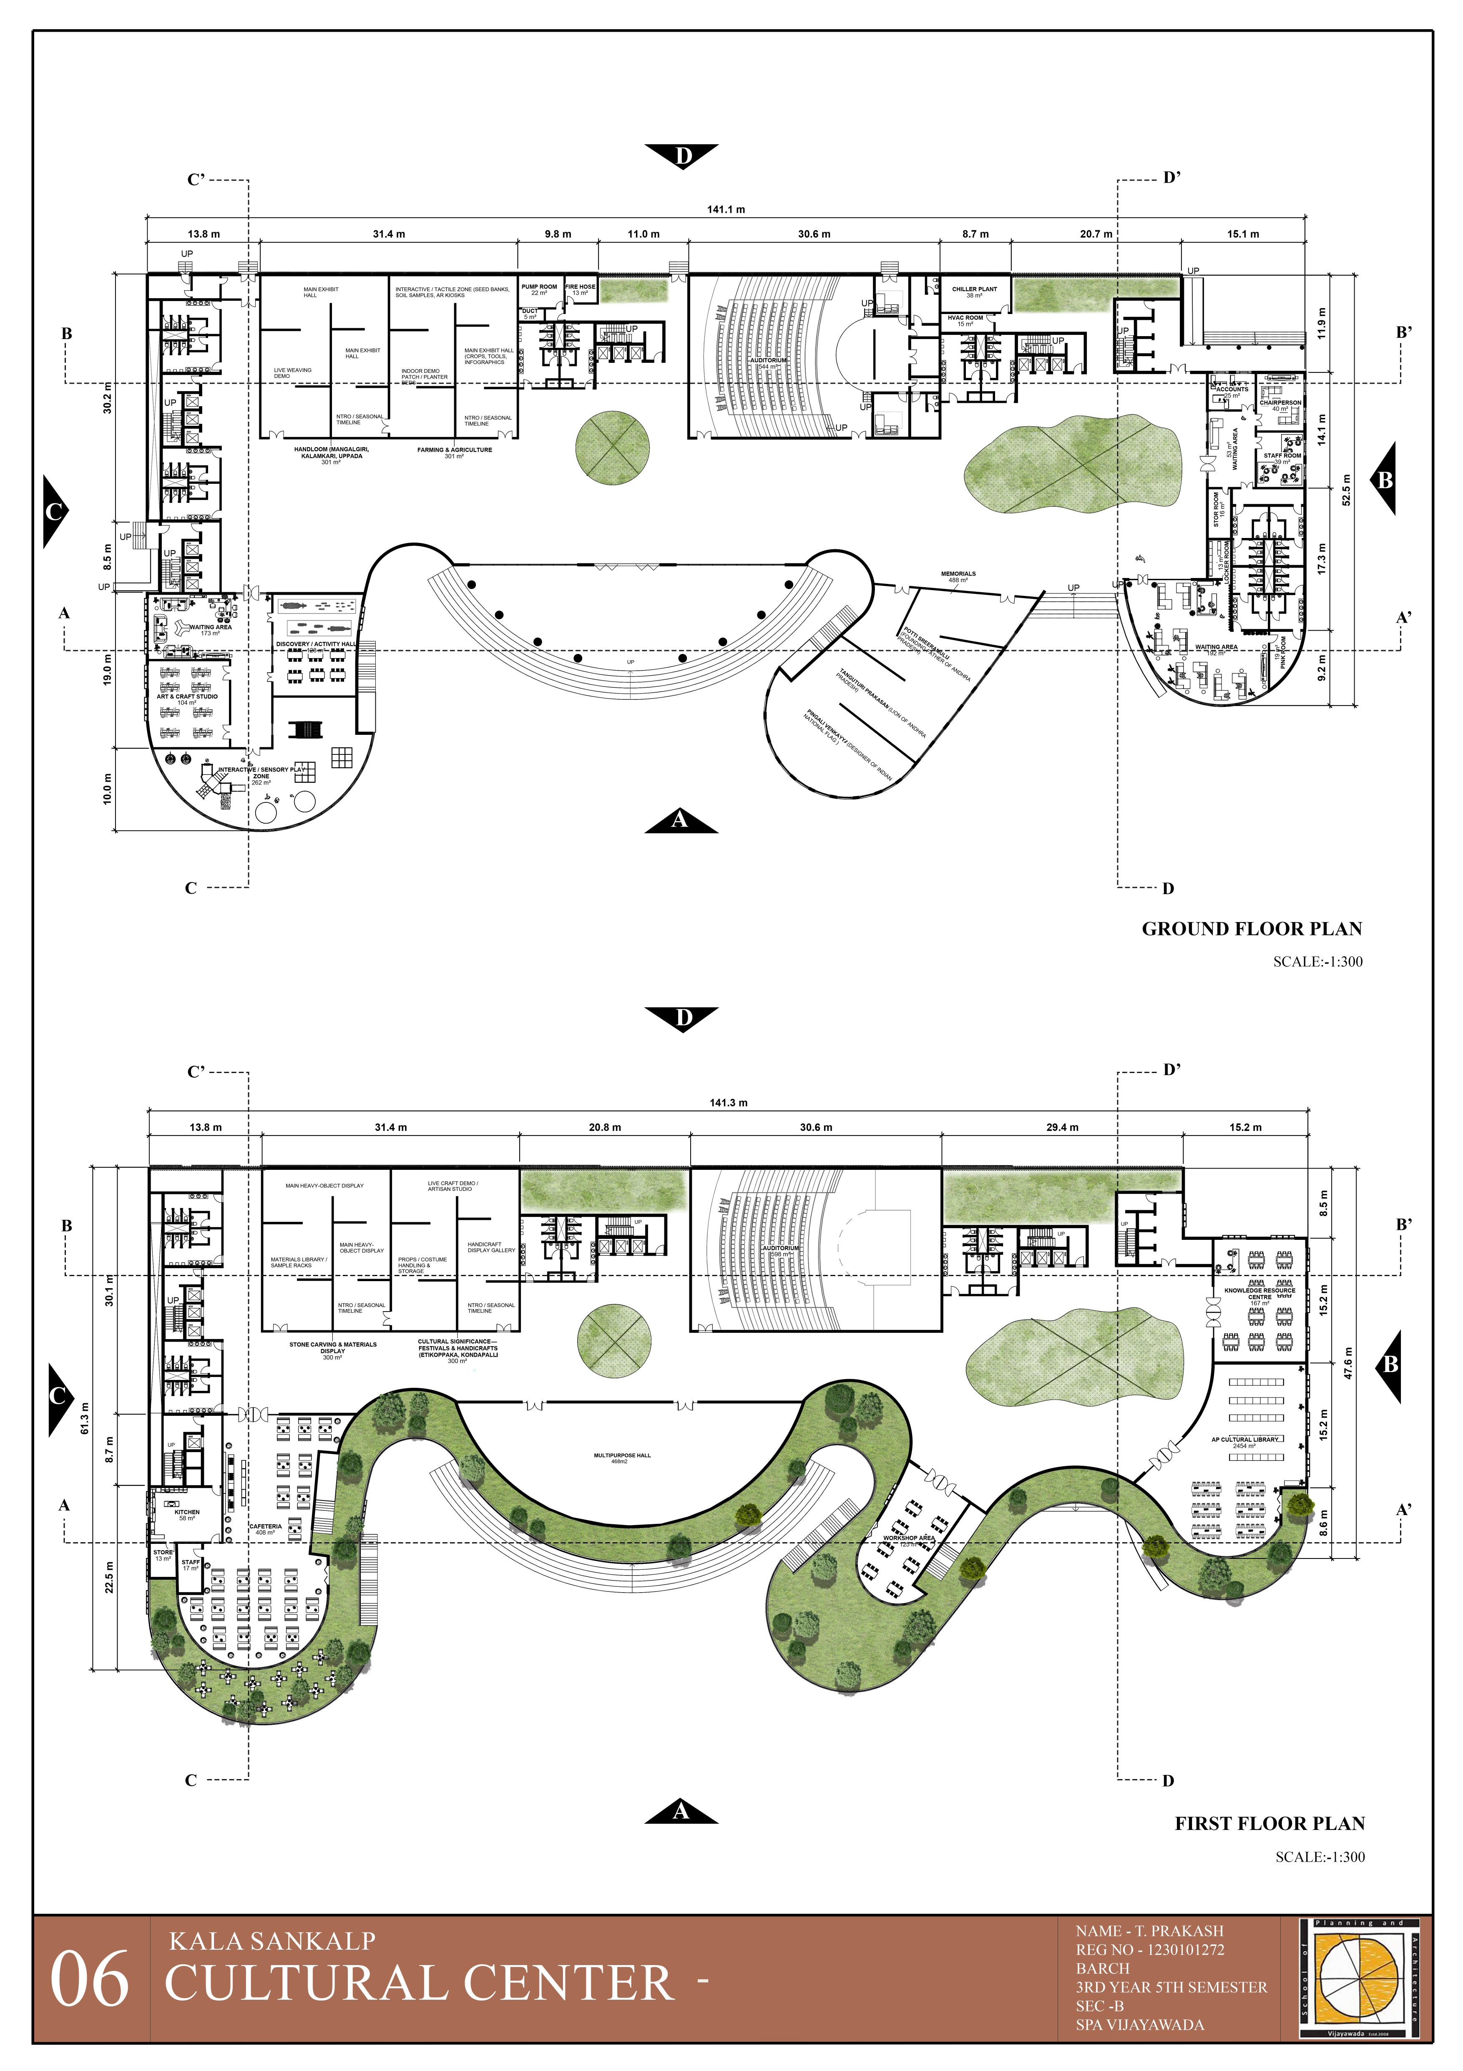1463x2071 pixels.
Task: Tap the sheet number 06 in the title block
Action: (x=89, y=1981)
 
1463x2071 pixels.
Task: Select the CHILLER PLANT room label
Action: (x=974, y=289)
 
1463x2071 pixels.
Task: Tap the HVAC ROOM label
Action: (x=965, y=317)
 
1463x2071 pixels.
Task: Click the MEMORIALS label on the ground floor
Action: (x=958, y=574)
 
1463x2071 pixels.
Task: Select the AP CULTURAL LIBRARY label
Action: (x=1245, y=1440)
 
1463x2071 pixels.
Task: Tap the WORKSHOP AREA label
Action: (x=908, y=1538)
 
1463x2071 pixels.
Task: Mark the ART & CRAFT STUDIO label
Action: (x=187, y=696)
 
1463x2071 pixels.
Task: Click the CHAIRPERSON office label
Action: (x=1280, y=402)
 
